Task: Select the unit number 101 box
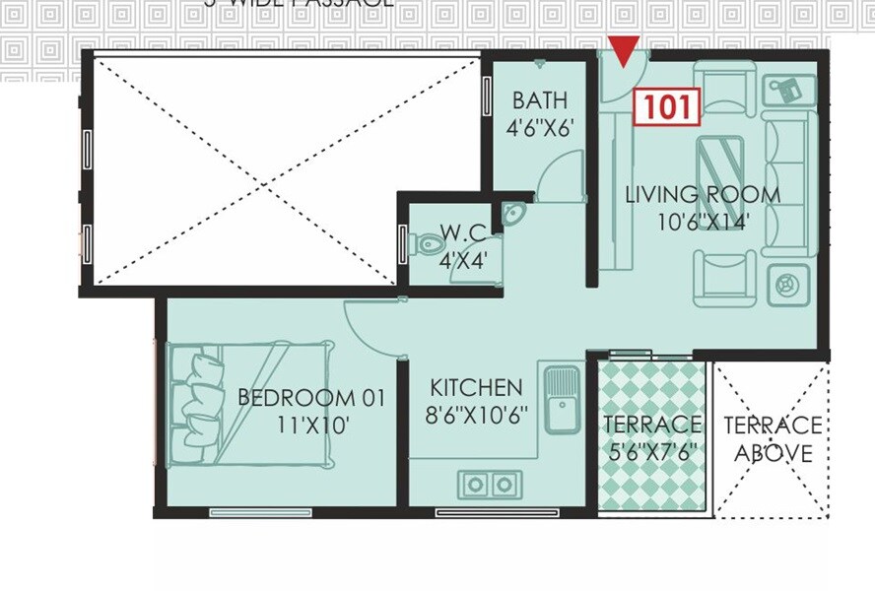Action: click(666, 107)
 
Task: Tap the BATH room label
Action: click(539, 100)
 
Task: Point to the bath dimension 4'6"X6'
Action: click(539, 126)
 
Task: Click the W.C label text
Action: click(463, 233)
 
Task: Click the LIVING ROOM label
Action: click(703, 194)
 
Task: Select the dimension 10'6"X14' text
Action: click(704, 222)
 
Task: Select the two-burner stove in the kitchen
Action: click(489, 484)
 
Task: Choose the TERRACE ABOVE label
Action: click(773, 439)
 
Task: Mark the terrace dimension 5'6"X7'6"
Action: click(652, 453)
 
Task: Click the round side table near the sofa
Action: click(786, 284)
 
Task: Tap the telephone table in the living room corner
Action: click(788, 91)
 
